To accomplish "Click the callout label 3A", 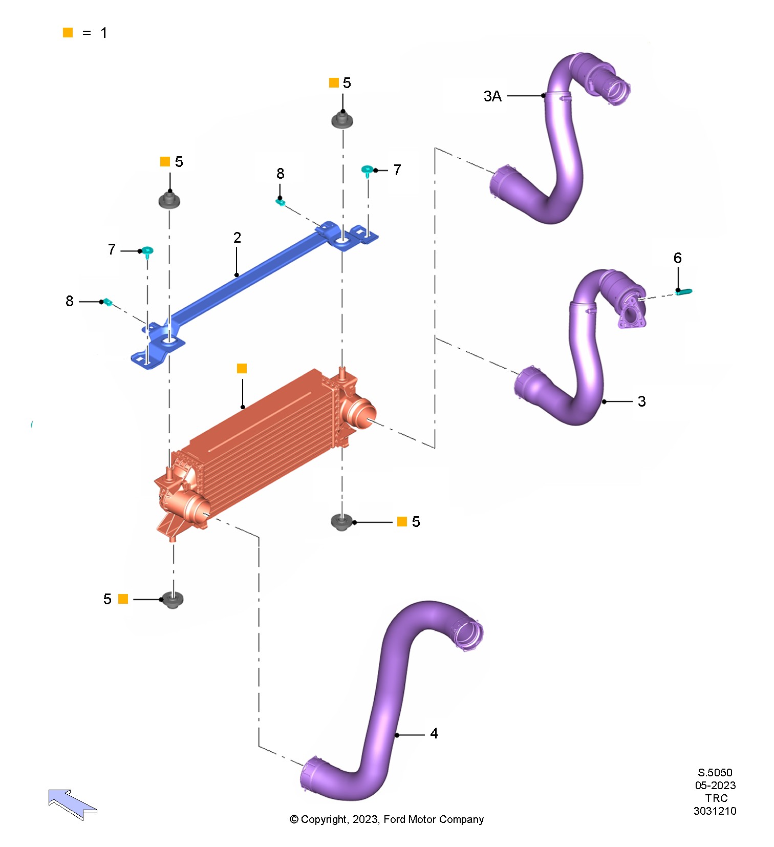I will coord(492,96).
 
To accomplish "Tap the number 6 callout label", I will coord(677,258).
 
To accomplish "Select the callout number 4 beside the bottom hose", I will coord(434,734).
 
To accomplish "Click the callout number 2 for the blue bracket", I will coord(237,238).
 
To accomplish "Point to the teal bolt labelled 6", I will coord(684,292).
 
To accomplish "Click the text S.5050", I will coord(715,773).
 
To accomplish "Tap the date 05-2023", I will coord(715,786).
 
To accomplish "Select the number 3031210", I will coord(715,811).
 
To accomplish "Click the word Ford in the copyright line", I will coord(394,819).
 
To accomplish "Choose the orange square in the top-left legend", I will coord(68,33).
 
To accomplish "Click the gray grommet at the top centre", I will coord(342,121).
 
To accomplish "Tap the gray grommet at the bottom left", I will coord(173,600).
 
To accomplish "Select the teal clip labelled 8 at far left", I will coord(107,302).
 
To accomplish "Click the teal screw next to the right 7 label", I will coord(367,170).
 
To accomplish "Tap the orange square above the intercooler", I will coord(242,369).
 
